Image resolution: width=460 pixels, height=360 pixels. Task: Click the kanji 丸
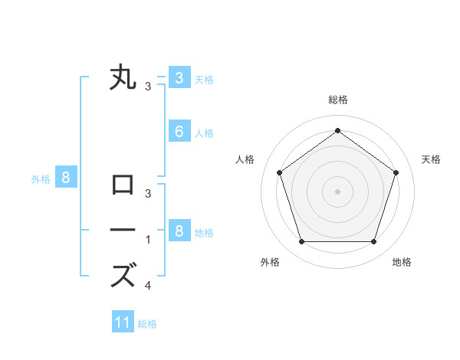[x=123, y=77]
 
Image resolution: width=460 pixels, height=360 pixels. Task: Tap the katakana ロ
[x=123, y=185]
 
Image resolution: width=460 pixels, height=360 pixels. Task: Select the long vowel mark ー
[x=123, y=230]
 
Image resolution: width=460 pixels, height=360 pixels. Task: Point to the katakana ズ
[x=123, y=274]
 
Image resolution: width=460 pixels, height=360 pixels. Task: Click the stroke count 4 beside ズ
[x=148, y=286]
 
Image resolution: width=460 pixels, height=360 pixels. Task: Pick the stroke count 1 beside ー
[x=148, y=240]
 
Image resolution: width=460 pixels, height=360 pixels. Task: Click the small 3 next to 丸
[x=148, y=87]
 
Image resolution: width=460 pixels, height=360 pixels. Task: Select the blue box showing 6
[x=179, y=132]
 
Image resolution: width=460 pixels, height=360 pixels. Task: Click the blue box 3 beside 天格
[x=179, y=77]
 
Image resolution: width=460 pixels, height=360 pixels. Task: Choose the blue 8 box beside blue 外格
[x=66, y=178]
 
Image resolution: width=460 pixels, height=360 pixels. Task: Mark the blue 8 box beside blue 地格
[x=179, y=231]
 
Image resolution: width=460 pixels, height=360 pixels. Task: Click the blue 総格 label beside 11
[x=147, y=324]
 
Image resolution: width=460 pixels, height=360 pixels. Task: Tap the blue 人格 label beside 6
[x=204, y=133]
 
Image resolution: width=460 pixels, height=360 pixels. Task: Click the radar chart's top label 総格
[x=337, y=100]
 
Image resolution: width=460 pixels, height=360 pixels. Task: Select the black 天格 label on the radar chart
[x=432, y=159]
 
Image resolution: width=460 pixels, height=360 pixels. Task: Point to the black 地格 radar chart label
[x=402, y=263]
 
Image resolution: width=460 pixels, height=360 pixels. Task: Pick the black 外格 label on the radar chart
[x=270, y=263]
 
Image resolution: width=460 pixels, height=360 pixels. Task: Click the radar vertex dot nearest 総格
[x=337, y=130]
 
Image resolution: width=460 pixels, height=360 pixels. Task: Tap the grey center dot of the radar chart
[x=337, y=191]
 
